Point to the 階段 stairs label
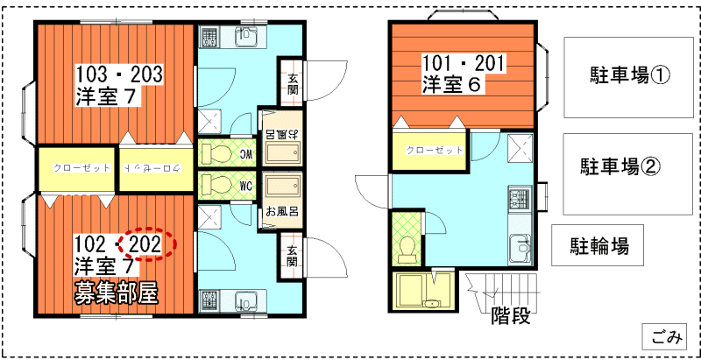[511, 315]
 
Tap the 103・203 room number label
[118, 74]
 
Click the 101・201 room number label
[464, 65]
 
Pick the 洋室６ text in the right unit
[450, 84]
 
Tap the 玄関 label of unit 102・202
[292, 256]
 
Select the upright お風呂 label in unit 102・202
[282, 210]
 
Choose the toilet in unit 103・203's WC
[216, 155]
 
